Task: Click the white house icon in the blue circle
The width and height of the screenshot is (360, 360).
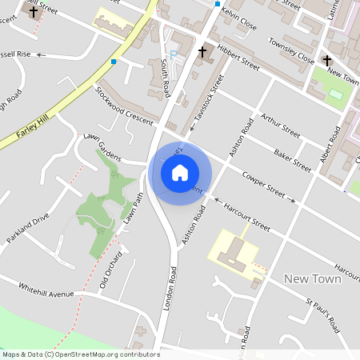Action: (x=180, y=173)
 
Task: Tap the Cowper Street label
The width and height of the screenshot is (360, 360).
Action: (x=264, y=184)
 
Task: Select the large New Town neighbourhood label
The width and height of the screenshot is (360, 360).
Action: (x=312, y=279)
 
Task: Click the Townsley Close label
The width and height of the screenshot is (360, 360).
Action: (x=290, y=50)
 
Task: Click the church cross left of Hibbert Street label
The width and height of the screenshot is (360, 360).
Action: (x=202, y=53)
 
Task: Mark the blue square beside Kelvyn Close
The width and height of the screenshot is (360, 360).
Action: (x=217, y=4)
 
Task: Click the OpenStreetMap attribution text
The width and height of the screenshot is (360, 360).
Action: (x=80, y=354)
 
